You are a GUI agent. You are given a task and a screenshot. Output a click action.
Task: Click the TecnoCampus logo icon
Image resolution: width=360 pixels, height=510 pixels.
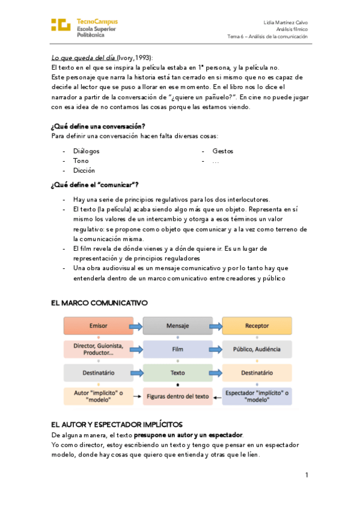pyautogui.click(x=61, y=25)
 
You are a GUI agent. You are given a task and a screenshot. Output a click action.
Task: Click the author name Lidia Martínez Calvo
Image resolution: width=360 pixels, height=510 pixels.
pyautogui.click(x=285, y=22)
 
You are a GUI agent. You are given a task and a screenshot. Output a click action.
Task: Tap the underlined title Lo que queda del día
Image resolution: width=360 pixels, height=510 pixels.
pyautogui.click(x=83, y=58)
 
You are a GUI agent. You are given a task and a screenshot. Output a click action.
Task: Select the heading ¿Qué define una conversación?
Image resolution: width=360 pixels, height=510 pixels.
pyautogui.click(x=98, y=126)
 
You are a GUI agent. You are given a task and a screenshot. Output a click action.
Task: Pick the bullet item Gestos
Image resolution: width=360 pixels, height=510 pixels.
pyautogui.click(x=222, y=151)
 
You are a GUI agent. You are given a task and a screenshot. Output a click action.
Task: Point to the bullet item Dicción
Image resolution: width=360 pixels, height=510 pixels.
pyautogui.click(x=84, y=170)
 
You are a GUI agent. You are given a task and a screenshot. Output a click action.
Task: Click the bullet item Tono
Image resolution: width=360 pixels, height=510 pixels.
pyautogui.click(x=81, y=161)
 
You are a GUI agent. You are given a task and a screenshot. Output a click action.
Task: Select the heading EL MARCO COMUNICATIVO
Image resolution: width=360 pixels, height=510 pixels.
pyautogui.click(x=99, y=303)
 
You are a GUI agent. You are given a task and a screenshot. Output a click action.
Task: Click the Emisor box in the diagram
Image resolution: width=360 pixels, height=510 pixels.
pyautogui.click(x=98, y=326)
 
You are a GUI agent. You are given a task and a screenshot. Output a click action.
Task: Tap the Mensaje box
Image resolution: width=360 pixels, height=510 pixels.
pyautogui.click(x=177, y=326)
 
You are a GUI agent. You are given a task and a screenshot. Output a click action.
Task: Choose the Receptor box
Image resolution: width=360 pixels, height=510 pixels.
pyautogui.click(x=257, y=326)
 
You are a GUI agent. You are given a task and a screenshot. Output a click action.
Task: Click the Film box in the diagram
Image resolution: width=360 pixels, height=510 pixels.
pyautogui.click(x=177, y=349)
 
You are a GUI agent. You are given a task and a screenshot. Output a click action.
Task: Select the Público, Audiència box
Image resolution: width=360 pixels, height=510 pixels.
pyautogui.click(x=257, y=349)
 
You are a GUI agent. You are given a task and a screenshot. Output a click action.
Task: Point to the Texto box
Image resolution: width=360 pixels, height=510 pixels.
pyautogui.click(x=177, y=373)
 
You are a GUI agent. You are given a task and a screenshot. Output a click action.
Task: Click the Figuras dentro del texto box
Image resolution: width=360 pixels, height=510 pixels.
pyautogui.click(x=177, y=396)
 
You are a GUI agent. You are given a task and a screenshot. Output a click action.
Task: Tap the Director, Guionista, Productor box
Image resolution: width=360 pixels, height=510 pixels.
pyautogui.click(x=98, y=349)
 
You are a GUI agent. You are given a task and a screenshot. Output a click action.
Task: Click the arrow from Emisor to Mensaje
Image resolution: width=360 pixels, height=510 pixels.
pyautogui.click(x=137, y=327)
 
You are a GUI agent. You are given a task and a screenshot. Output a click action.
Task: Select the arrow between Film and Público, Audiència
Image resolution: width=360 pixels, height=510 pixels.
pyautogui.click(x=217, y=349)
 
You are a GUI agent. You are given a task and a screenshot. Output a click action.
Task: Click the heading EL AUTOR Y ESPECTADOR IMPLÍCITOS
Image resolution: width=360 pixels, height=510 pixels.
pyautogui.click(x=117, y=424)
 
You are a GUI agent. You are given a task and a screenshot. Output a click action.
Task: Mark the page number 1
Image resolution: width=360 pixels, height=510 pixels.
pyautogui.click(x=307, y=475)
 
